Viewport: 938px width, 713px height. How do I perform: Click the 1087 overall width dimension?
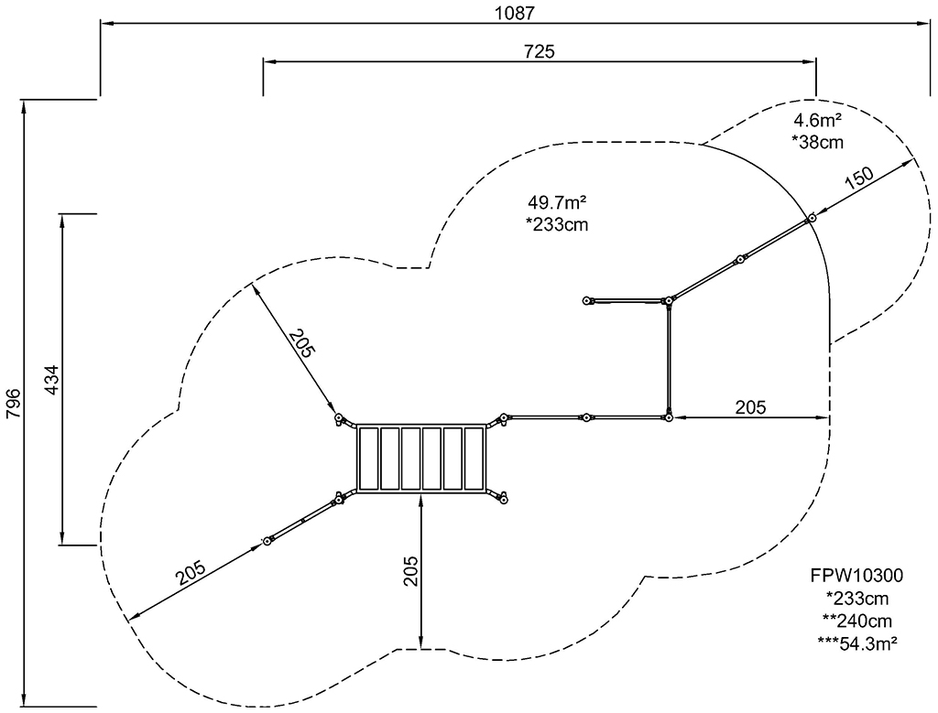(515, 13)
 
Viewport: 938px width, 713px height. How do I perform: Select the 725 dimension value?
(539, 51)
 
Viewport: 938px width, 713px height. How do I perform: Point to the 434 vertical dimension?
(51, 380)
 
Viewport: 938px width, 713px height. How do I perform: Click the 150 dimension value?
(859, 178)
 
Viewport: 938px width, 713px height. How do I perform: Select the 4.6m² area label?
(818, 122)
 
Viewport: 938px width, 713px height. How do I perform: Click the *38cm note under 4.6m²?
(818, 142)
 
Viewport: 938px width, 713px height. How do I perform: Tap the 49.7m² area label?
(557, 202)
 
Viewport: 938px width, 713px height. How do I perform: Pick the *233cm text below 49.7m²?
(557, 224)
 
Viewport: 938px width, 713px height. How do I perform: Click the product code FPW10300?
(856, 576)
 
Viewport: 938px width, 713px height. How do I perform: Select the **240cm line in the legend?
(857, 621)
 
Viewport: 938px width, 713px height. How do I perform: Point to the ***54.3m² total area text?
(857, 643)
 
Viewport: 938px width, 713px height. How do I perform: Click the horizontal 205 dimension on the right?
(750, 407)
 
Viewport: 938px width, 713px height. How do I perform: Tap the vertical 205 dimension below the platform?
(410, 571)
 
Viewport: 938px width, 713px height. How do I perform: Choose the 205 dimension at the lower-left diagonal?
(191, 573)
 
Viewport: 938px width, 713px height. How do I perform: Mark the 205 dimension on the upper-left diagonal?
(300, 343)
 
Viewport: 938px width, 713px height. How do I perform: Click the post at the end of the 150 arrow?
(812, 219)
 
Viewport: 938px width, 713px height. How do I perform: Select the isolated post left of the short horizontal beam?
(587, 300)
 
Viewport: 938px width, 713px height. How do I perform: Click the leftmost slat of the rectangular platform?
(368, 459)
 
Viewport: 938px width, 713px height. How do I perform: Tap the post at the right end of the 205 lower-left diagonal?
(267, 542)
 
